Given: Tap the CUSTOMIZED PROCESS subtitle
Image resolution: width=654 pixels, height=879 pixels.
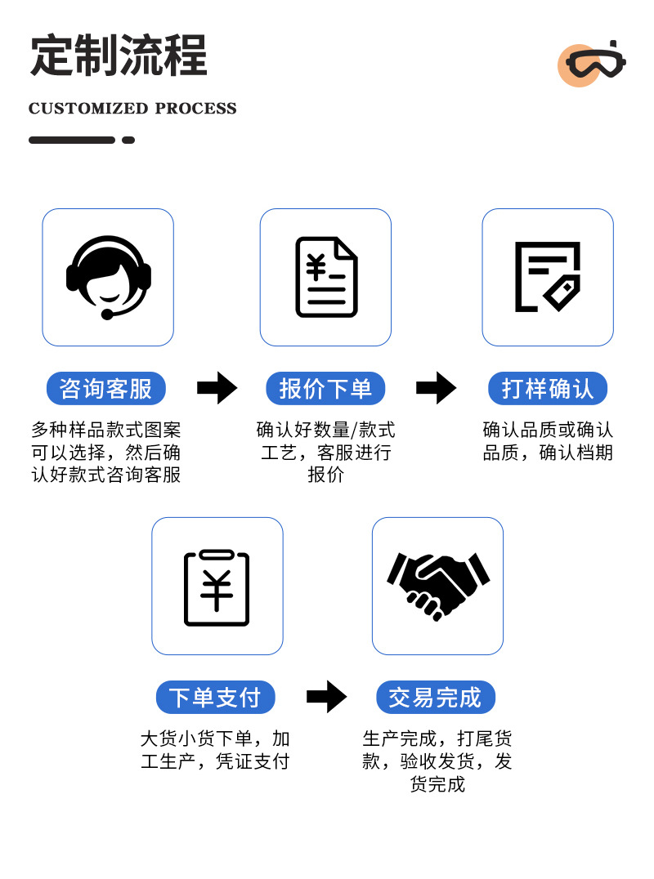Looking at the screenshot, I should tap(132, 109).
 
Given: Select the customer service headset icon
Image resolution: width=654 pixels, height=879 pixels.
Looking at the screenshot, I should tap(108, 277).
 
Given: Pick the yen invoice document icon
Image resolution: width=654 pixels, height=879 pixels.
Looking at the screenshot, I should tap(326, 277).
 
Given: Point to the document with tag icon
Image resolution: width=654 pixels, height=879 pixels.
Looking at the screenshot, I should tap(547, 277).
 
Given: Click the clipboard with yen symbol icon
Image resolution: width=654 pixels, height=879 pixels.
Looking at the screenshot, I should tap(217, 586).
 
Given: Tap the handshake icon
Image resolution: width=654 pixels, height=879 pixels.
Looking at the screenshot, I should tap(437, 586).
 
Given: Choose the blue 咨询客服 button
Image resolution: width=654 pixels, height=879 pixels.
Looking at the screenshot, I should tap(106, 389).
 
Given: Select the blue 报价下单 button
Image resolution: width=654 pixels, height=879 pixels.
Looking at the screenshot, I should tap(325, 389).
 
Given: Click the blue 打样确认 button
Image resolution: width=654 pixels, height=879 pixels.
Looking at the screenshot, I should tap(548, 389).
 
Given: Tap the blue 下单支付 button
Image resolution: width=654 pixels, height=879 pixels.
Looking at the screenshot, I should tap(215, 698).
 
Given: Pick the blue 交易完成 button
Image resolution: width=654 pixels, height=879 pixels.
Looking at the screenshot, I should tap(436, 698).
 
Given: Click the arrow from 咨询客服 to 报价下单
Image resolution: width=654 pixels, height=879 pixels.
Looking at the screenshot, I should tap(217, 388).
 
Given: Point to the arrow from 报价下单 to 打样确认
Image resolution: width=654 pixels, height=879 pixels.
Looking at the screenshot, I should tap(436, 388).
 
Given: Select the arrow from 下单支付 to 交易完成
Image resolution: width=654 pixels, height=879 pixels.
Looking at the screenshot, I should tap(326, 697).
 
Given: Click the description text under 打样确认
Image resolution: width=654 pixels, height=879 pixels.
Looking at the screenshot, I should tap(548, 441).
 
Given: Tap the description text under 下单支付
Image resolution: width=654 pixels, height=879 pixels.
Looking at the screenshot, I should tap(215, 750).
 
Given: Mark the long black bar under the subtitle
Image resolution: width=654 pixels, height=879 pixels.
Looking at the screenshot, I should tap(72, 141).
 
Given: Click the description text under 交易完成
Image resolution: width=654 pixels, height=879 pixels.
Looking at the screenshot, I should tap(437, 761).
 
